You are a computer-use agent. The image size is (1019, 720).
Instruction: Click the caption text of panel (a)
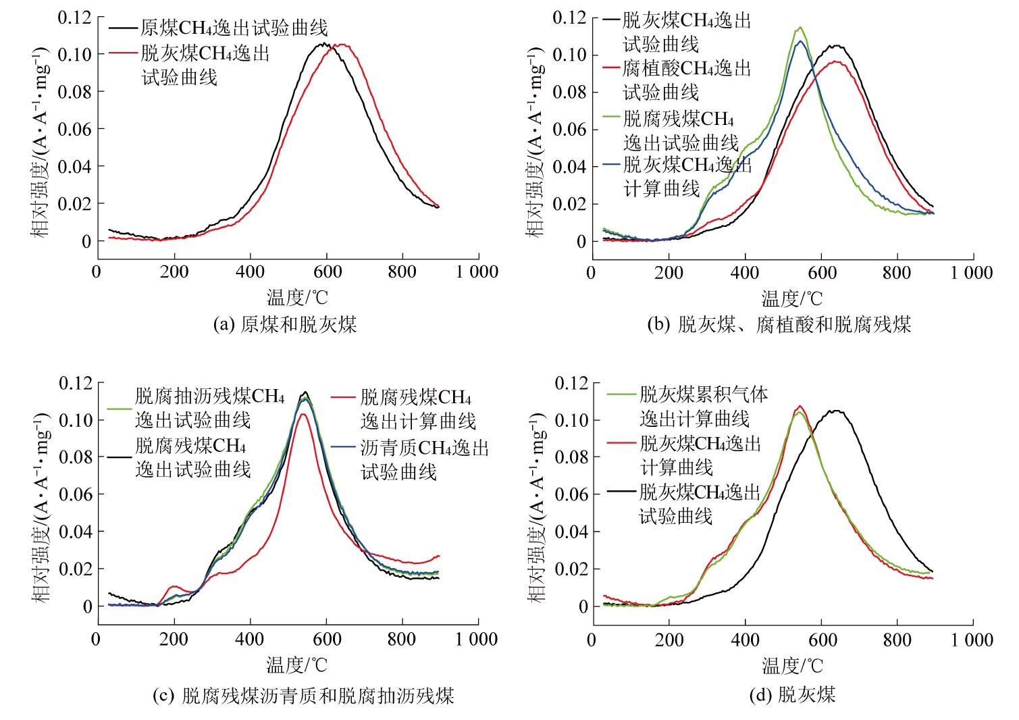[x=284, y=324]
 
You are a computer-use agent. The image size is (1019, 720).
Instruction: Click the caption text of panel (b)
[x=779, y=324]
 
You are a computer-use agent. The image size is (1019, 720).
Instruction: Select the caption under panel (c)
[x=303, y=695]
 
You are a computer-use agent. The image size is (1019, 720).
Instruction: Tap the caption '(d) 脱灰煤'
[x=792, y=694]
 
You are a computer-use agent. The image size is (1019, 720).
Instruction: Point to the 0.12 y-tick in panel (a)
[x=74, y=17]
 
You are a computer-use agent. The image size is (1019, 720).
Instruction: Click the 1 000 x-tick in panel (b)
[x=972, y=273]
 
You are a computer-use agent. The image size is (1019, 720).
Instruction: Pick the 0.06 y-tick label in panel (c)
[x=75, y=494]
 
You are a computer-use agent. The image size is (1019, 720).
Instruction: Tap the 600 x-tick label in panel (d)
[x=822, y=639]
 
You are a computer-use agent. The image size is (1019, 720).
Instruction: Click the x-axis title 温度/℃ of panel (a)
[x=297, y=297]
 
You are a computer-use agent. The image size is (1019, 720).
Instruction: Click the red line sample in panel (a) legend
[x=123, y=53]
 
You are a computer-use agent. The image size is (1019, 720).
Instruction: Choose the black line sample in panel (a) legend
[x=123, y=28]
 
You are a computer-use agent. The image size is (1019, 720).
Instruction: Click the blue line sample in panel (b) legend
[x=612, y=164]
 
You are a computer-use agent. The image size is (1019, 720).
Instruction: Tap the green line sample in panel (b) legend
[x=612, y=116]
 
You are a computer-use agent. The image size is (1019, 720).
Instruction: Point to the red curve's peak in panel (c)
[x=303, y=414]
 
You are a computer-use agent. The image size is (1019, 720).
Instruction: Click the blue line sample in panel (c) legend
[x=344, y=447]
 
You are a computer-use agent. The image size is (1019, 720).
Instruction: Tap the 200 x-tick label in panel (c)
[x=174, y=639]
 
